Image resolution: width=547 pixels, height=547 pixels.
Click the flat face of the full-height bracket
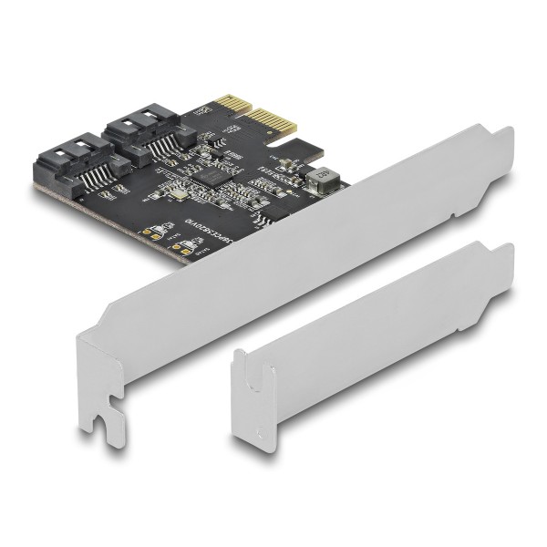pyautogui.click(x=301, y=264)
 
